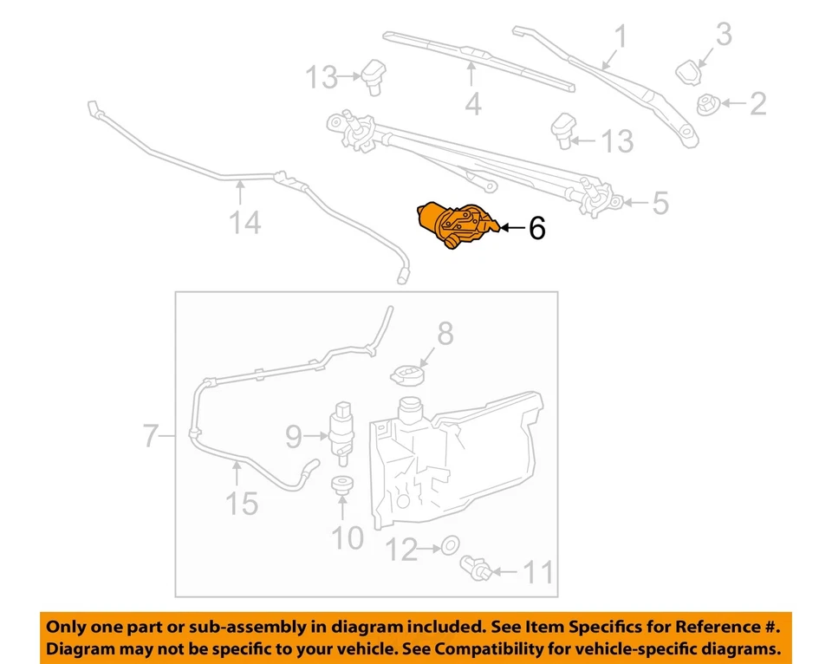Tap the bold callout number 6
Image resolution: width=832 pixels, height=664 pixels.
coord(536,229)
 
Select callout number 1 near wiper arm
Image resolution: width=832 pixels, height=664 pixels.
coord(621,37)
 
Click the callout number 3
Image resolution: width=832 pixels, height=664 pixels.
coord(724,35)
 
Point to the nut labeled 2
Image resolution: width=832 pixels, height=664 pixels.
coord(705,105)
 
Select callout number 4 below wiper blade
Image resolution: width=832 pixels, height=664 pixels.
coord(472,105)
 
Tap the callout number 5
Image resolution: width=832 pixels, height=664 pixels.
coord(660,204)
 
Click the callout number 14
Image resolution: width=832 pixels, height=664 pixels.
coord(244,223)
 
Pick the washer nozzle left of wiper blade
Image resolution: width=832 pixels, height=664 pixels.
coord(375,75)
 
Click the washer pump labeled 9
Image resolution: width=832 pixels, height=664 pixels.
coord(345,426)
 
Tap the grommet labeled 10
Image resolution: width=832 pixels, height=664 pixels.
coord(344,486)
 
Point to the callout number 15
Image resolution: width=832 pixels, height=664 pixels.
coord(243,504)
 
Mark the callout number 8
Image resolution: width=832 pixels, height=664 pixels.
coord(445,333)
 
